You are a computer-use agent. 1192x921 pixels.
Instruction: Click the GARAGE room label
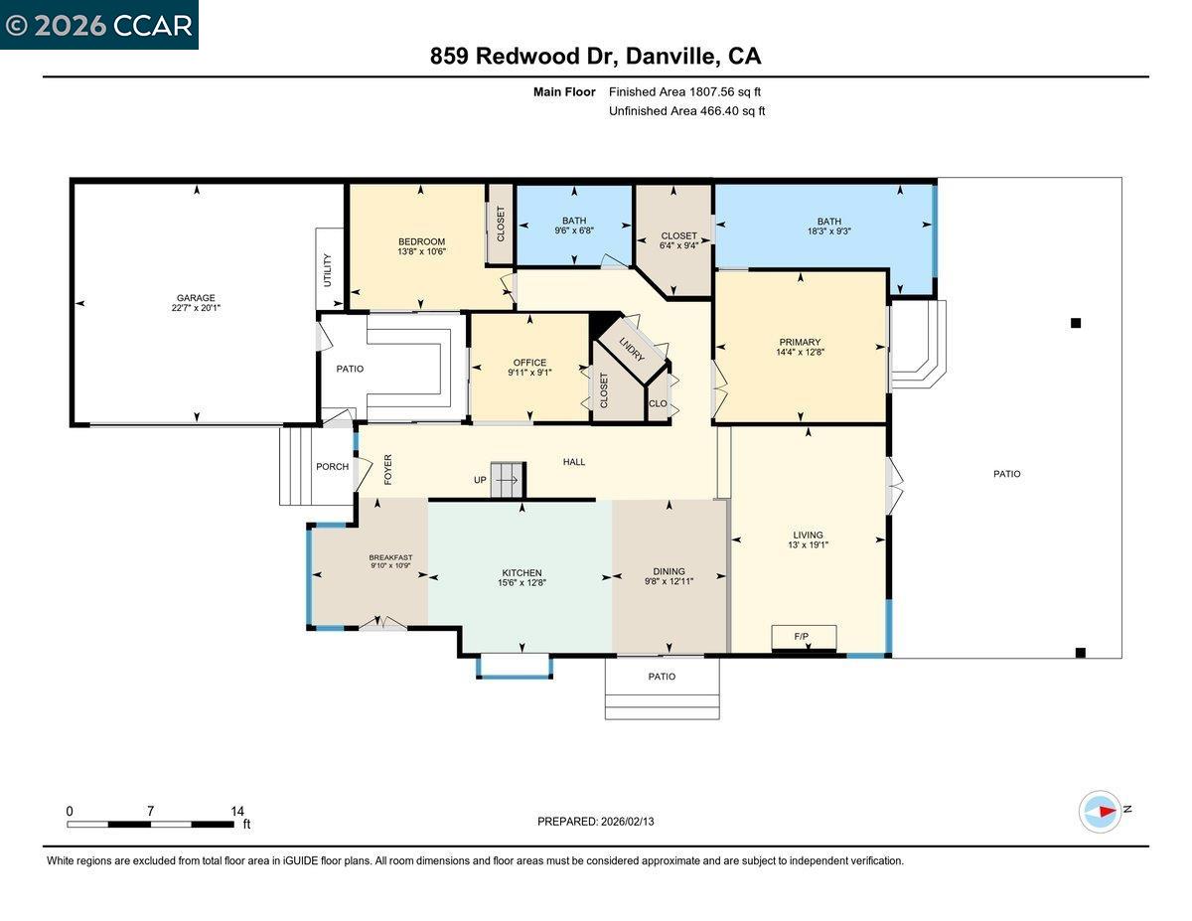pyautogui.click(x=196, y=297)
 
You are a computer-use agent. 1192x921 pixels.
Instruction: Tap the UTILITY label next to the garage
pyautogui.click(x=328, y=270)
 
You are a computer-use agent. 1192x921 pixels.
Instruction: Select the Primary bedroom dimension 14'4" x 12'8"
pyautogui.click(x=800, y=352)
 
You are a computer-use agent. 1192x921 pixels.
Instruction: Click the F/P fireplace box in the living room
pyautogui.click(x=803, y=636)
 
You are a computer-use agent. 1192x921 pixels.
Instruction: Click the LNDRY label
pyautogui.click(x=632, y=350)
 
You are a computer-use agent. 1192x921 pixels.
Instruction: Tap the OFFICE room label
pyautogui.click(x=529, y=363)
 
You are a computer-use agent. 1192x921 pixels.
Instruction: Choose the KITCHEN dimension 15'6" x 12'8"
pyautogui.click(x=521, y=583)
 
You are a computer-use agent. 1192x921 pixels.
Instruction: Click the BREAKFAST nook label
pyautogui.click(x=390, y=557)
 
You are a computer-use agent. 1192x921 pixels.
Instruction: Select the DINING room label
pyautogui.click(x=669, y=571)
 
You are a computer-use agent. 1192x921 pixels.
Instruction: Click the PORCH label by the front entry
pyautogui.click(x=332, y=467)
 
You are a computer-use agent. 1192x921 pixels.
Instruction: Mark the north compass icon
pyautogui.click(x=1101, y=811)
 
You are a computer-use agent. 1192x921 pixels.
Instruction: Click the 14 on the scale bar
pyautogui.click(x=237, y=811)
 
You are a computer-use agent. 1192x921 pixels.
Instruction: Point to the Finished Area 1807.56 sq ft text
pyautogui.click(x=685, y=92)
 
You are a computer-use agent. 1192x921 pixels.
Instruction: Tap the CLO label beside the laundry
pyautogui.click(x=658, y=403)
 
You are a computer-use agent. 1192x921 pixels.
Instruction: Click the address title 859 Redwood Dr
pyautogui.click(x=524, y=57)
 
